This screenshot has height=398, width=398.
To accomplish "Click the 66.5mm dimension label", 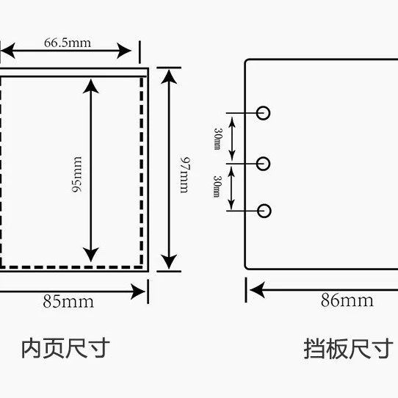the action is coord(68,43).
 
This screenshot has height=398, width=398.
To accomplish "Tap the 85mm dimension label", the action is coord(68,302).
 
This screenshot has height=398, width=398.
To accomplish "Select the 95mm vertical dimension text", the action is coord(77,175).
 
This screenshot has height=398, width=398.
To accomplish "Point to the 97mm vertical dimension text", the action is coord(185,176).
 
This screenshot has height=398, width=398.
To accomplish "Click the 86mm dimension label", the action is coord(347,300).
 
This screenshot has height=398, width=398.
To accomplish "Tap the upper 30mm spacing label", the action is coord(217,139).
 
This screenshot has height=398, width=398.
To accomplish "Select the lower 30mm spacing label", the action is coord(217,187).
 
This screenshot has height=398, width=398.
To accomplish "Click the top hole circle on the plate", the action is coord(263,113).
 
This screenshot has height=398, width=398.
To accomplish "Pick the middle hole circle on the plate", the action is coord(263,164).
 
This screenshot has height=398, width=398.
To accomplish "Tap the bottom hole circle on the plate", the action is coord(264,211).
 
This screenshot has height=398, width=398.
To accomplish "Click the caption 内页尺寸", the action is coord(65,348).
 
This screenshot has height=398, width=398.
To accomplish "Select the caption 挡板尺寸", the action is coord(349,349).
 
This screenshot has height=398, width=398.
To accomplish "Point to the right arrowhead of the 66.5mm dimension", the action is coord(124,51).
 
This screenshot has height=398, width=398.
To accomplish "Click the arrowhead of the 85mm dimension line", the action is coord(138,292).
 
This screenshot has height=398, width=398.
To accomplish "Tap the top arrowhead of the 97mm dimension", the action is coord(169,77).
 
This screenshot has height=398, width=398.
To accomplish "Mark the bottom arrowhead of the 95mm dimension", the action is coord(91,255).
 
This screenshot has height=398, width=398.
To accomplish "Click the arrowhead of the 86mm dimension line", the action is coord(258,290).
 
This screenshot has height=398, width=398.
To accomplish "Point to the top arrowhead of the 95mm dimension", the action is coord(91,87).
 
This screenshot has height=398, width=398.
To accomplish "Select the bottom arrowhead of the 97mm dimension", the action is coord(169,262).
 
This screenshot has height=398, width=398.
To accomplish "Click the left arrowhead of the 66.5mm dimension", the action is coord(8,51).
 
